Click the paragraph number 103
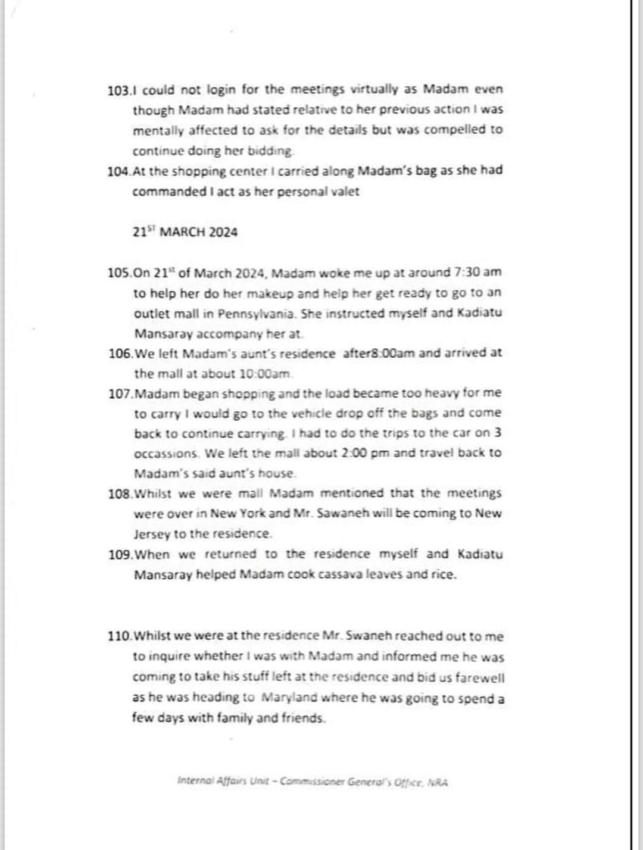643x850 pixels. pos(118,90)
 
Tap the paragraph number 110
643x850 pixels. pos(119,636)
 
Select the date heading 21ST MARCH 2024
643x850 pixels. pos(185,232)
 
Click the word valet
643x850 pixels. pos(344,192)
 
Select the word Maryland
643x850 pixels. pos(290,698)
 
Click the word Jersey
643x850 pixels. pos(152,534)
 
